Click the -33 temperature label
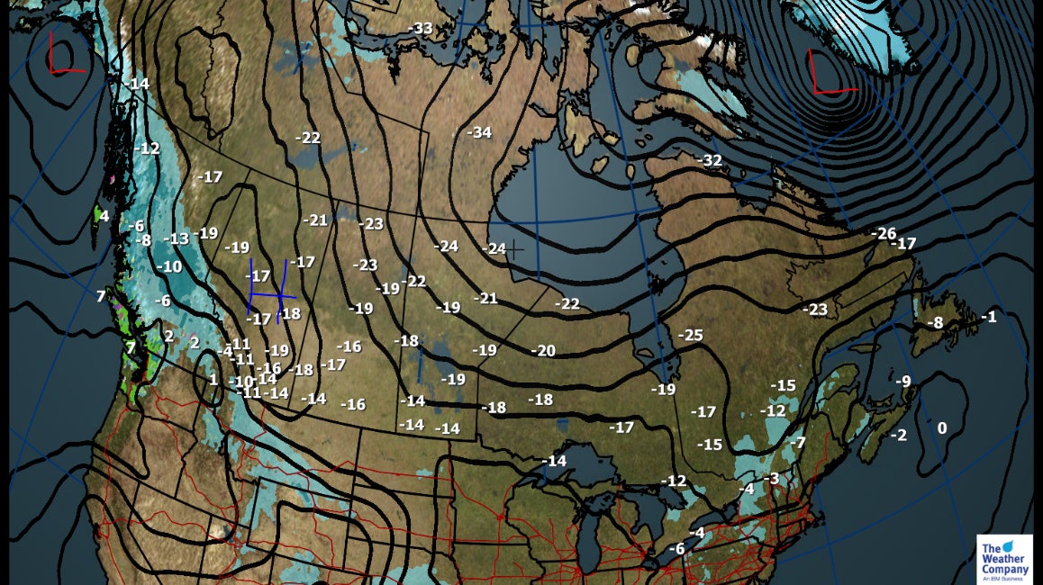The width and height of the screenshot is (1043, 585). (420, 28)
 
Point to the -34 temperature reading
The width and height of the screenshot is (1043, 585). (479, 132)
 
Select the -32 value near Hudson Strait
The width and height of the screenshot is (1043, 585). (710, 159)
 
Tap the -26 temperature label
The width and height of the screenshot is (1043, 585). (884, 233)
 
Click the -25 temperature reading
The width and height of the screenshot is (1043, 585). (690, 335)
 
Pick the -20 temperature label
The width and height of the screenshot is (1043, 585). (543, 350)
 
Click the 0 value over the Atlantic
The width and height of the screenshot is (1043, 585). (942, 427)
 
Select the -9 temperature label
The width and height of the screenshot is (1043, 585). (902, 381)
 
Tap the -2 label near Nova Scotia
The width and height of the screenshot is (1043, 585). (898, 435)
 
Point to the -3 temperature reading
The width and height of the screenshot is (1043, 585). (771, 478)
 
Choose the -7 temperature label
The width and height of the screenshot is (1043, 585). (797, 442)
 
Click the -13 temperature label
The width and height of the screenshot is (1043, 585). (177, 238)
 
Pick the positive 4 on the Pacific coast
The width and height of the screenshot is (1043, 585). (104, 216)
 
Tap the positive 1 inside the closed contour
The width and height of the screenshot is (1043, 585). (213, 379)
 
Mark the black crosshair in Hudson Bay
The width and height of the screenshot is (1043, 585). (514, 249)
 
